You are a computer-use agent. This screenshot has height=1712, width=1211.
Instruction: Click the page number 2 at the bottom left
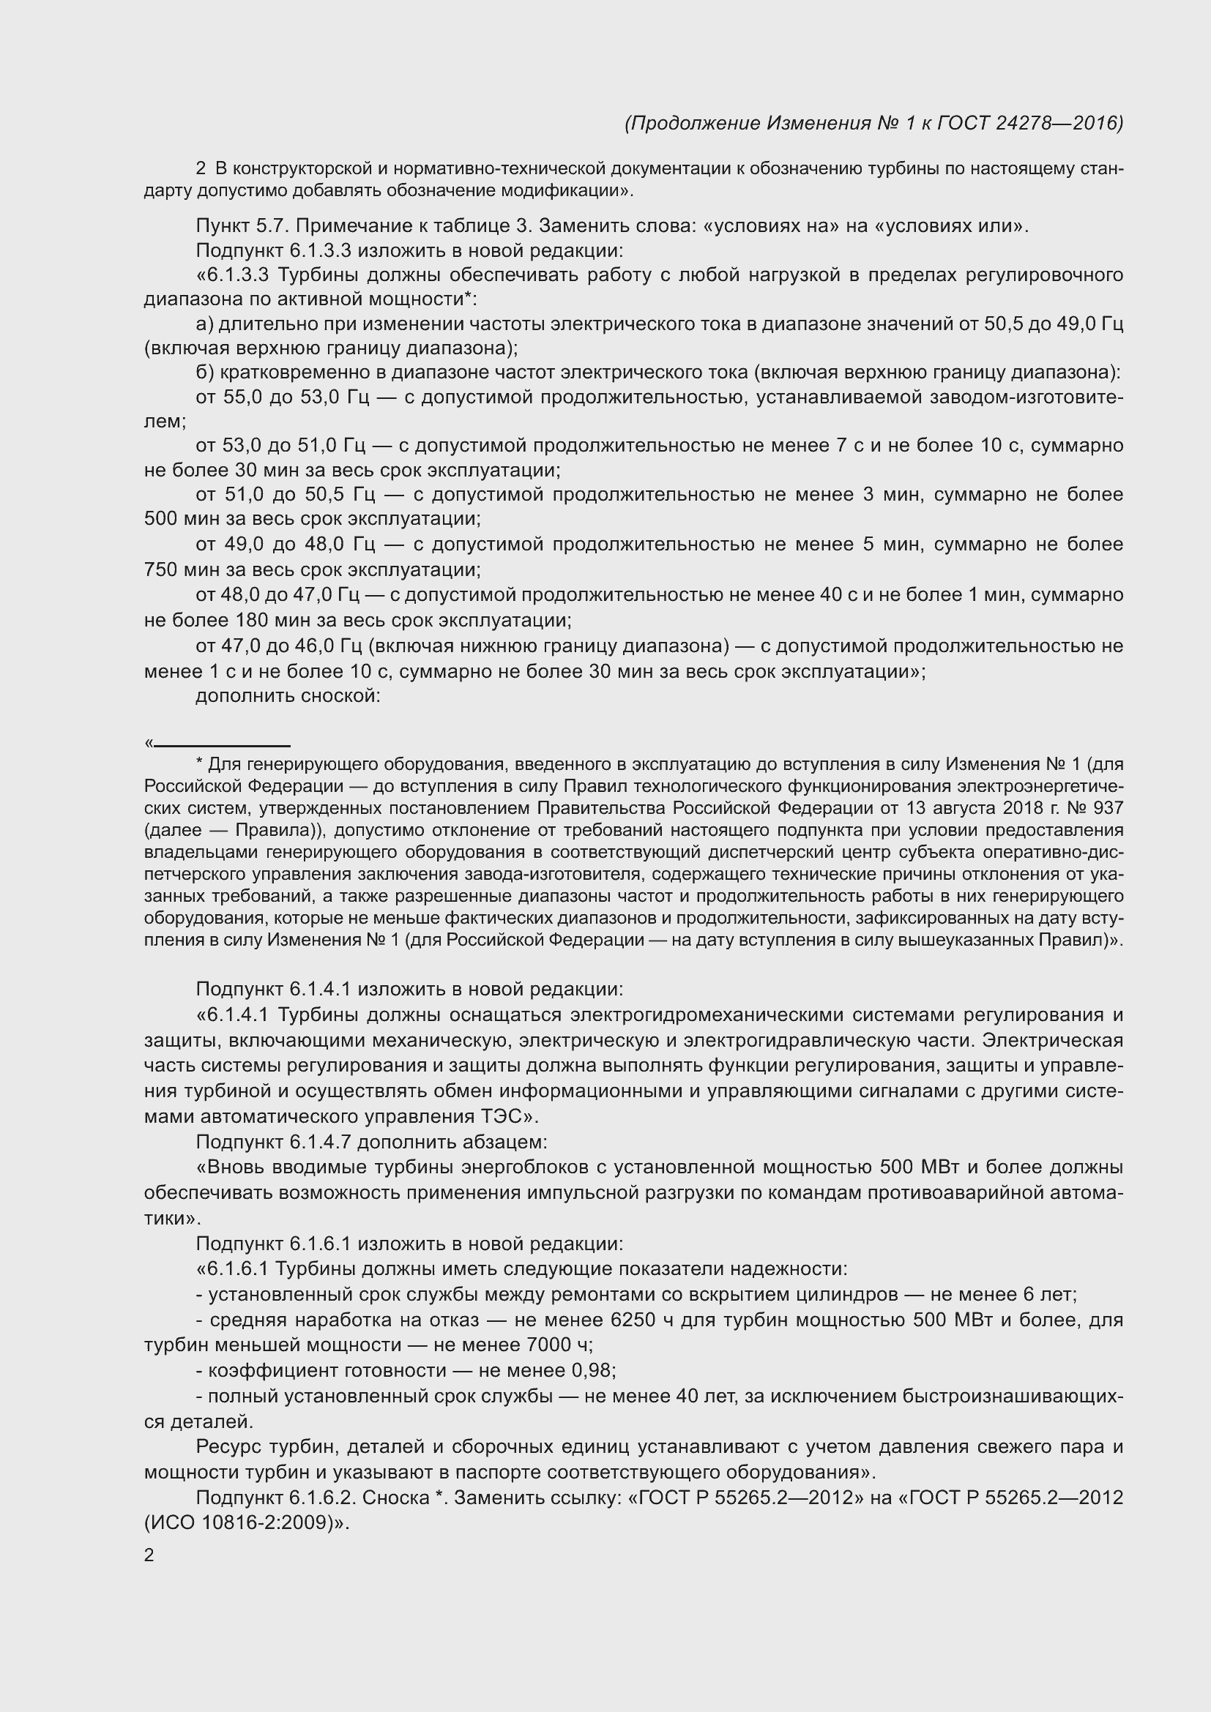click(149, 1555)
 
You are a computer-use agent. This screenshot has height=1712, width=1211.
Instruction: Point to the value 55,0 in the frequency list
click(242, 397)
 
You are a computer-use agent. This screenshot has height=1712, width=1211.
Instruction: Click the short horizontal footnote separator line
click(221, 745)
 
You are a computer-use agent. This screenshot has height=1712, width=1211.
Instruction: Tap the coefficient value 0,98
click(592, 1370)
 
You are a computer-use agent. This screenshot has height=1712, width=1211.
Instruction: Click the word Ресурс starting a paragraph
click(229, 1446)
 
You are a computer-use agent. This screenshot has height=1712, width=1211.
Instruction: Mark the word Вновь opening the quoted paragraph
click(238, 1167)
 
